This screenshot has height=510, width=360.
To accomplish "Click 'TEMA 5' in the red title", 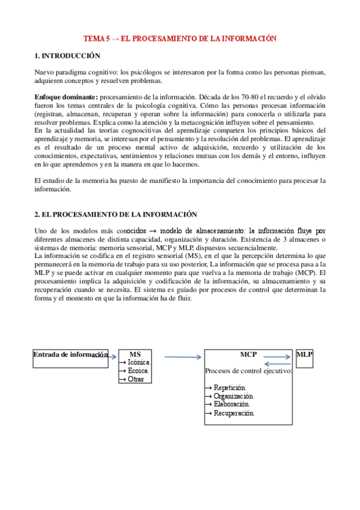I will [x=96, y=38].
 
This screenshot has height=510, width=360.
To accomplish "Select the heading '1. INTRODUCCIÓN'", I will [x=67, y=55].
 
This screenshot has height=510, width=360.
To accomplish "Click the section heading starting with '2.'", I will [x=116, y=214].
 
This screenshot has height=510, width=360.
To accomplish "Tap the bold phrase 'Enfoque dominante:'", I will [x=65, y=97].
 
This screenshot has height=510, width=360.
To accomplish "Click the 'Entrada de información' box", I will [x=71, y=354].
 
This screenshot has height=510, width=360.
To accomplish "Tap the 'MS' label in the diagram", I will [x=135, y=354].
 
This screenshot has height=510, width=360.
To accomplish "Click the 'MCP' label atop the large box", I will [x=248, y=354].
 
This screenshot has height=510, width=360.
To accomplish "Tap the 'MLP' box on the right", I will [x=304, y=354].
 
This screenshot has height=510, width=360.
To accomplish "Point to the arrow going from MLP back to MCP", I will [x=279, y=363].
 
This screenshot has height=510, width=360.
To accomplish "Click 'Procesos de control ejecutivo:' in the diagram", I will [x=248, y=371].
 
